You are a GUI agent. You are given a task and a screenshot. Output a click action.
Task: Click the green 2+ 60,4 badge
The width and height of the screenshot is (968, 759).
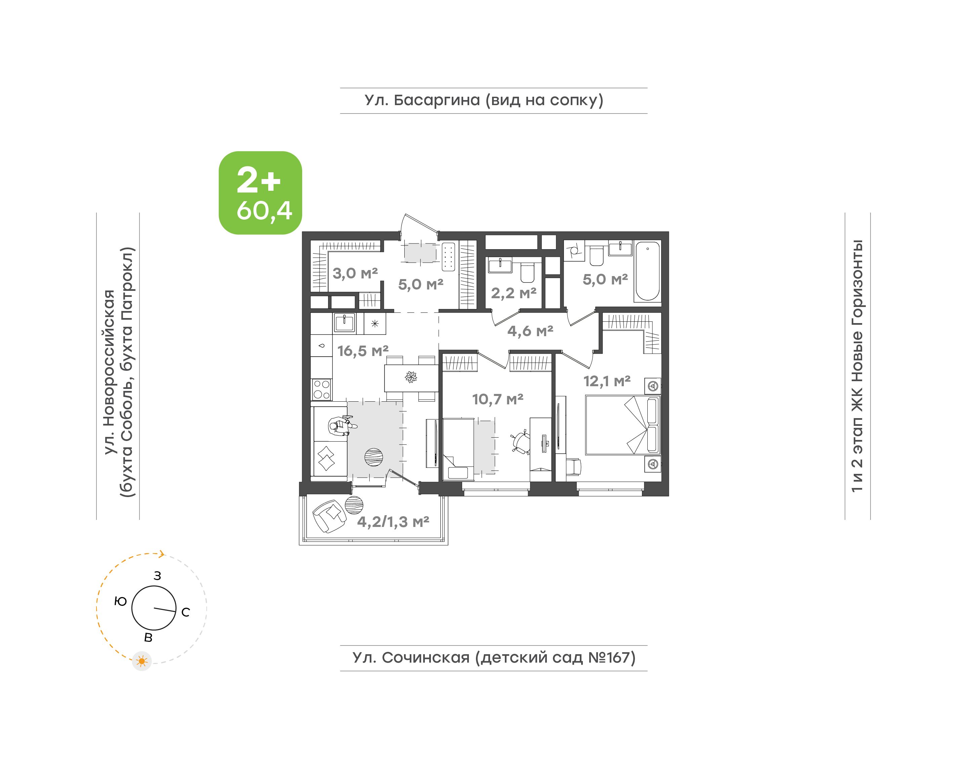point(260,193)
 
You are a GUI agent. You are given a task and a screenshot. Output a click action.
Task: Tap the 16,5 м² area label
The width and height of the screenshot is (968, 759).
point(363,351)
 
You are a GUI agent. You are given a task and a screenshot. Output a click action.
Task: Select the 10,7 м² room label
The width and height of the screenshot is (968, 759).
point(497,399)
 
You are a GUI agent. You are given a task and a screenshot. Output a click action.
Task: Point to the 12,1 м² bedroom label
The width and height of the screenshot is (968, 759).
point(607,381)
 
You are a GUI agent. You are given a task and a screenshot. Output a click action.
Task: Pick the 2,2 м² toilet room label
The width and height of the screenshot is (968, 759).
point(514,293)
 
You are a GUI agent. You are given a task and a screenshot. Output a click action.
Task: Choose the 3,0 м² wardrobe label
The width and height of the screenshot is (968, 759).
point(355,273)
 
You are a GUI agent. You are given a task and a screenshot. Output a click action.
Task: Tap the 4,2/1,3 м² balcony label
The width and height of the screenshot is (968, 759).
point(393,522)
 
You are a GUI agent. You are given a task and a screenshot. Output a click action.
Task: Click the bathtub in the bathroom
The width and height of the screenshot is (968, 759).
point(647,271)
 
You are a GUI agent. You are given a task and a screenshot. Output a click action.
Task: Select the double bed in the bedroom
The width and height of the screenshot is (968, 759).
point(622,425)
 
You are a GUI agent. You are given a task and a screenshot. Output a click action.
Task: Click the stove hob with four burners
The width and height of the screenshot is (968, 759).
point(321,389)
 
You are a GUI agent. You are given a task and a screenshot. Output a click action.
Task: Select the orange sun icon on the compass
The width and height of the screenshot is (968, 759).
point(142,661)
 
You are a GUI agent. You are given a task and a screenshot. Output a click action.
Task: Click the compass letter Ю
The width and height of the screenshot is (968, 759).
point(121,601)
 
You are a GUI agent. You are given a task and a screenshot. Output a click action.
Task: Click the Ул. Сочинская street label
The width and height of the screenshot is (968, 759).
point(411,657)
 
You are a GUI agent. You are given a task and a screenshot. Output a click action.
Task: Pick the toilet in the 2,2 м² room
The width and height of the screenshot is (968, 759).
point(527,273)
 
